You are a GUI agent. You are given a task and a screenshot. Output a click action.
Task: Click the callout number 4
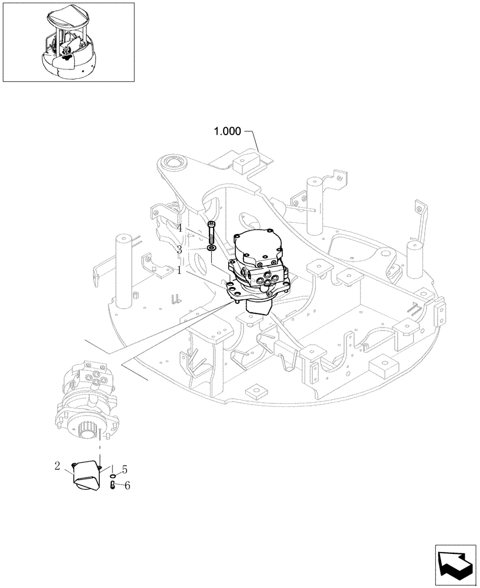tap(179, 229)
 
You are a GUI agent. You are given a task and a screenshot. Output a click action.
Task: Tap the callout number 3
tap(179, 249)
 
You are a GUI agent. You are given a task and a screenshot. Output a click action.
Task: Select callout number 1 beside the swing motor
tap(179, 270)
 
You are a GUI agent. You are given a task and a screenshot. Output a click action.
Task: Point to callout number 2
tap(57, 467)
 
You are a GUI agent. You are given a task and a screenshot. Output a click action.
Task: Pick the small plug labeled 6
tap(112, 485)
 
